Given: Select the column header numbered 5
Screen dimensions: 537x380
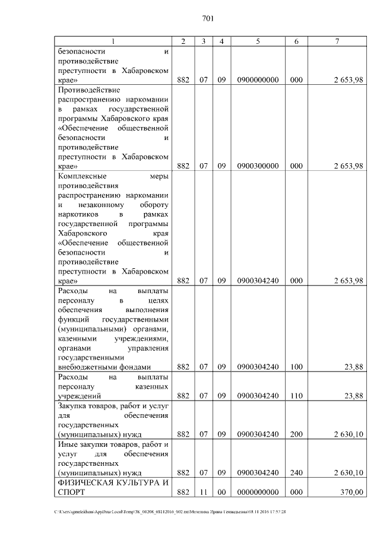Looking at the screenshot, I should click(x=258, y=41).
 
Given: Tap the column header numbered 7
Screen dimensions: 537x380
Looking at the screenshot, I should click(x=337, y=41).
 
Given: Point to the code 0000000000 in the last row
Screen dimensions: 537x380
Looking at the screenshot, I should click(x=258, y=492).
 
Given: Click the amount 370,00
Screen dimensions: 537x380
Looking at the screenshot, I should click(x=351, y=492).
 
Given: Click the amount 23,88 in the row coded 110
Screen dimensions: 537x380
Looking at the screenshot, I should click(x=353, y=395).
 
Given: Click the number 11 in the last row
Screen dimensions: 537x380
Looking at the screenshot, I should click(x=203, y=492).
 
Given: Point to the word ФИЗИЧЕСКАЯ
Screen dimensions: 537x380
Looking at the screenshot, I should click(x=85, y=482).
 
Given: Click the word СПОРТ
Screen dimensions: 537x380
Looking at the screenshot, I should click(x=72, y=492).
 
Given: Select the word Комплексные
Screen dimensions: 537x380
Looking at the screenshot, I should click(x=83, y=176).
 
